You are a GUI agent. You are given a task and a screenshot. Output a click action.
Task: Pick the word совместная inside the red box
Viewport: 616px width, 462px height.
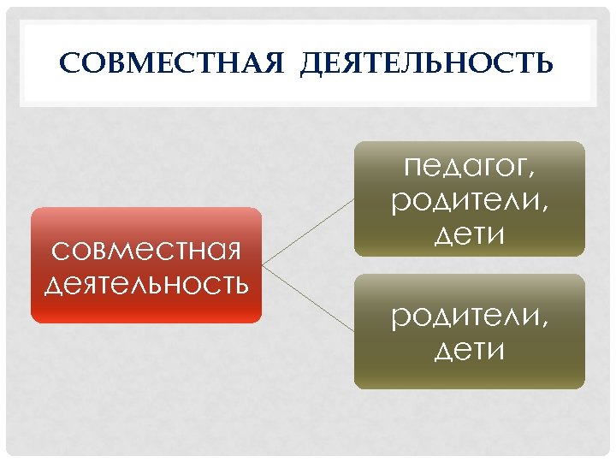click(145, 252)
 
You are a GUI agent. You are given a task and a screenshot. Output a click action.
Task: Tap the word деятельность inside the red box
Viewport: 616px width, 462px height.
click(145, 282)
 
